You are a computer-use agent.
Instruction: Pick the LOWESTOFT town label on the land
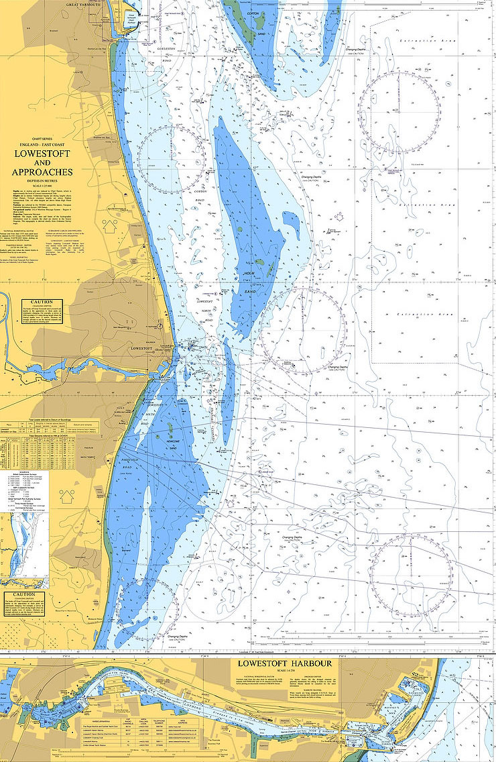point(143,349)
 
